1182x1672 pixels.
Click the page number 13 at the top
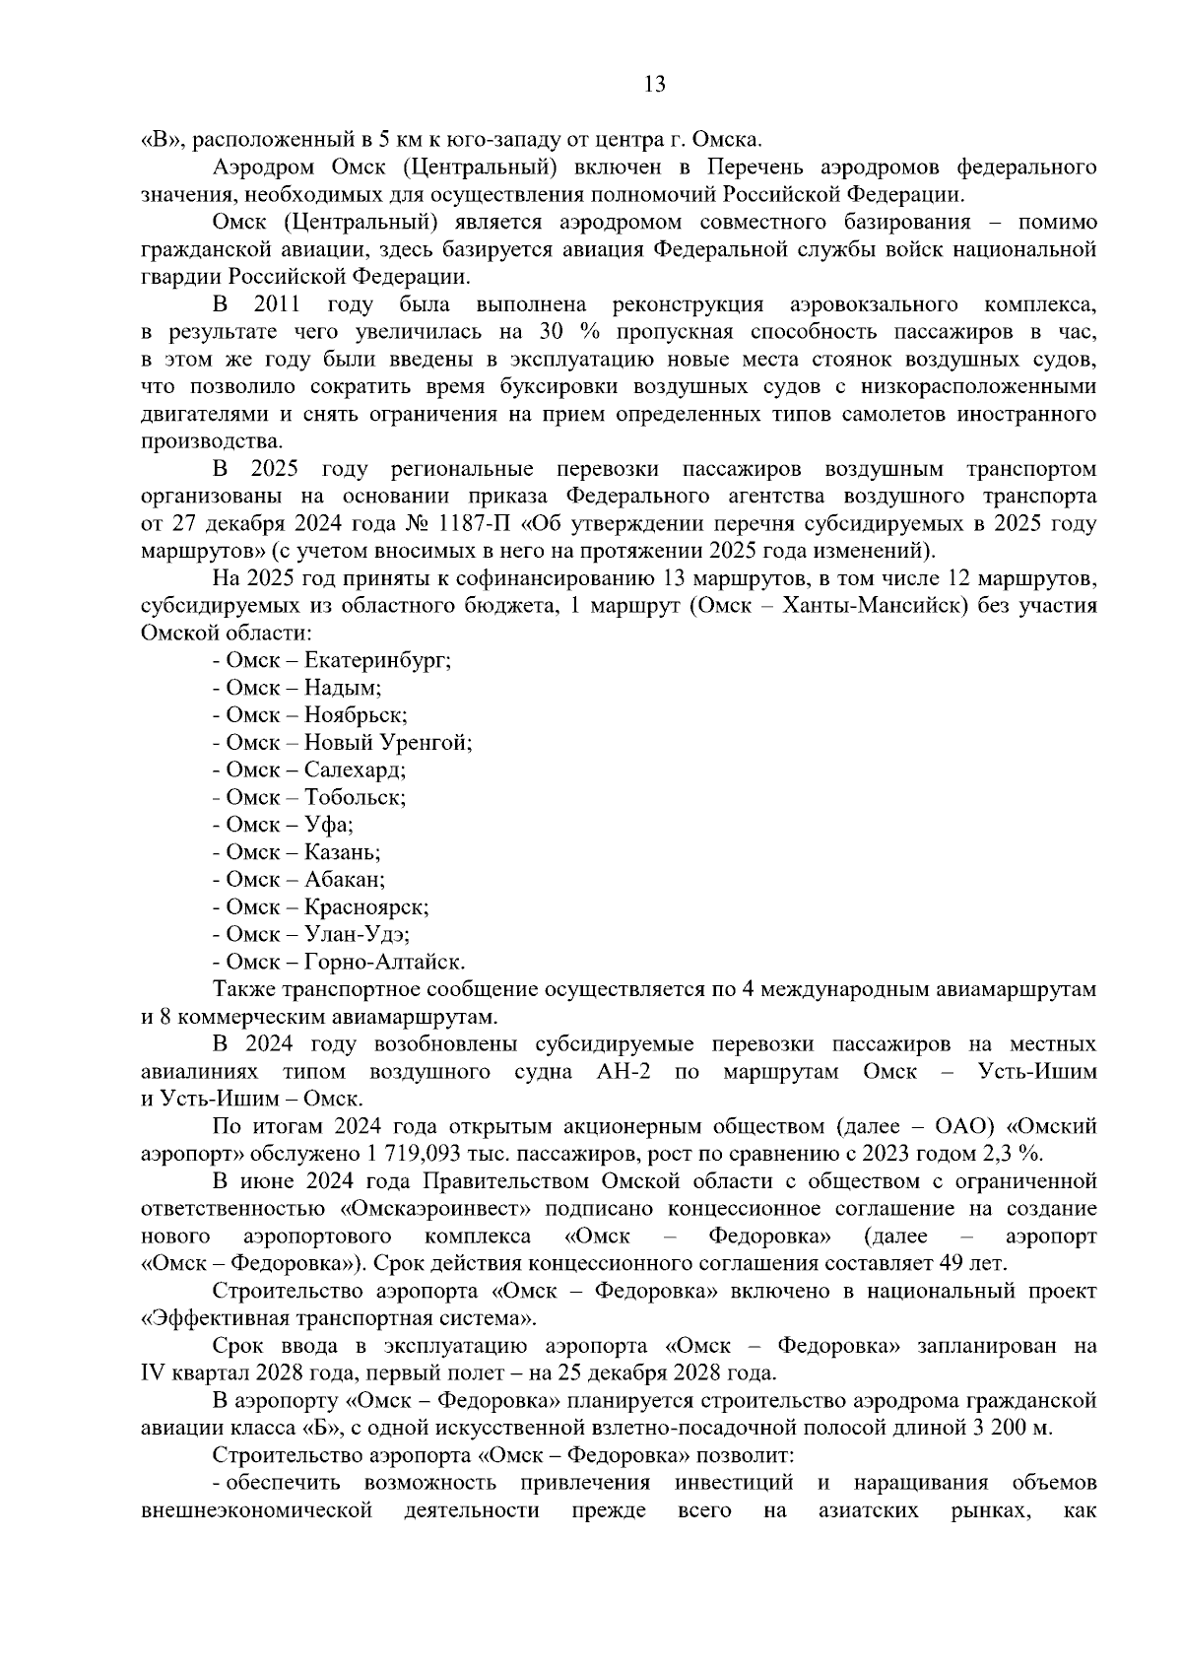[x=654, y=85]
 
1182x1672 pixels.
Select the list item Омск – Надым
[x=297, y=688]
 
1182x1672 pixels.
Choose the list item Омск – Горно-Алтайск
[x=339, y=962]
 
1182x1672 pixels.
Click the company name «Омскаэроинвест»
[x=424, y=1208]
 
